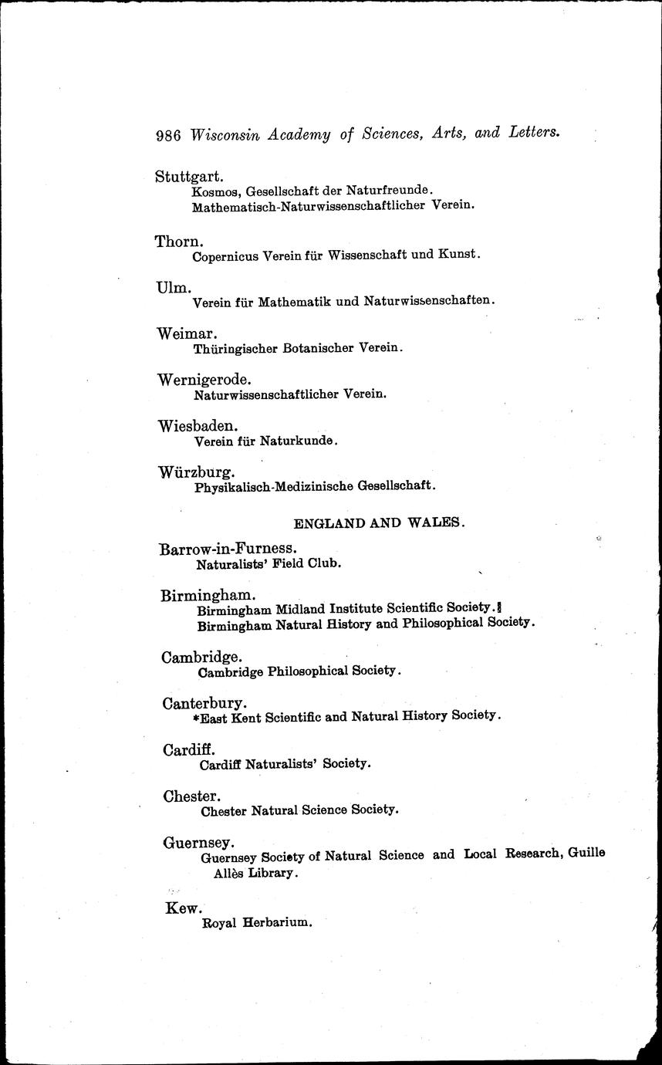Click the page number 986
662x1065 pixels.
click(167, 134)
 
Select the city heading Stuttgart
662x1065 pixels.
click(189, 177)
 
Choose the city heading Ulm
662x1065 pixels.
click(174, 287)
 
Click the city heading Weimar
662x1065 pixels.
click(187, 333)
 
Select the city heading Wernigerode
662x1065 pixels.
click(204, 380)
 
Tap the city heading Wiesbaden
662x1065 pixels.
click(198, 426)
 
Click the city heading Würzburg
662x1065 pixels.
click(196, 472)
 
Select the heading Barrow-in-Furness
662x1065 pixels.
click(228, 549)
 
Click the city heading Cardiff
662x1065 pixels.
click(189, 749)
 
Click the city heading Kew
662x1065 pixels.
click(183, 908)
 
